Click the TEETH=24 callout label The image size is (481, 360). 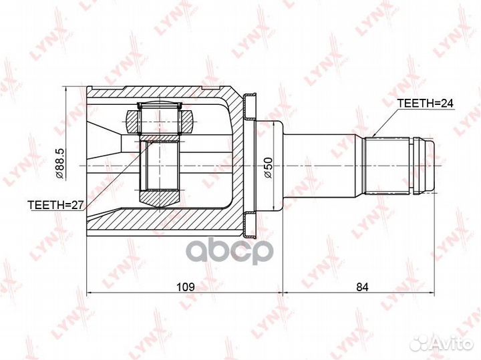pos(425,104)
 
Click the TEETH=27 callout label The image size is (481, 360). pos(55,205)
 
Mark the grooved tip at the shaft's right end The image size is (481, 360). pos(425,164)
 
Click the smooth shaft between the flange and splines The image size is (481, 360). pos(324,164)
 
